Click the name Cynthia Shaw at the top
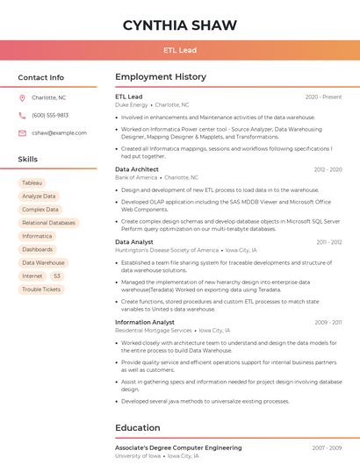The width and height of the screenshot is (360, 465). pyautogui.click(x=180, y=25)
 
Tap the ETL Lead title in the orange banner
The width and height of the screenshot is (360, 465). pyautogui.click(x=180, y=51)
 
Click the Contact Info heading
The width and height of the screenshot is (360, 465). pyautogui.click(x=41, y=77)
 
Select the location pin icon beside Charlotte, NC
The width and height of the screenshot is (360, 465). pyautogui.click(x=22, y=98)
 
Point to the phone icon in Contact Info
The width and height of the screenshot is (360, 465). pyautogui.click(x=22, y=115)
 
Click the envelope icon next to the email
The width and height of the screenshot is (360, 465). pyautogui.click(x=22, y=132)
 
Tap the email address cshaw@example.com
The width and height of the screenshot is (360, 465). pyautogui.click(x=59, y=132)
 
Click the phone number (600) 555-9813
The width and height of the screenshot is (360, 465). pyautogui.click(x=50, y=115)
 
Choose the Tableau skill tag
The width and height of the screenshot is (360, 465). pyautogui.click(x=32, y=182)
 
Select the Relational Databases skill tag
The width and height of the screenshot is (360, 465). pyautogui.click(x=48, y=223)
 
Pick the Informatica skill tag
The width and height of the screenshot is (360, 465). pyautogui.click(x=37, y=236)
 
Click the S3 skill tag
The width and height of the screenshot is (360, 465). pyautogui.click(x=57, y=275)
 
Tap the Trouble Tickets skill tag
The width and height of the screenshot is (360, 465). pyautogui.click(x=41, y=289)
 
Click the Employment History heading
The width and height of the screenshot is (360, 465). pyautogui.click(x=161, y=77)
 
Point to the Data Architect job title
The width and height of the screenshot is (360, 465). pyautogui.click(x=137, y=169)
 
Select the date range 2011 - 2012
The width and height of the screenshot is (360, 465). pyautogui.click(x=328, y=242)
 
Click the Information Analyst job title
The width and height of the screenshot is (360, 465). pyautogui.click(x=145, y=322)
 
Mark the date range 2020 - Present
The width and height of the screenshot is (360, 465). pyautogui.click(x=323, y=97)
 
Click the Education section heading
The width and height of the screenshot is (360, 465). pyautogui.click(x=138, y=428)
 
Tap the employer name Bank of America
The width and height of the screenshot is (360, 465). pyautogui.click(x=136, y=177)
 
